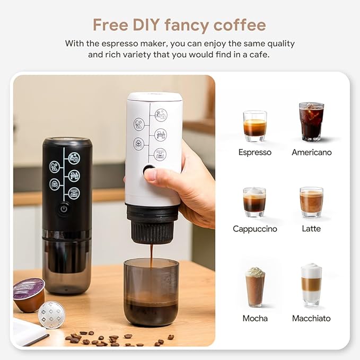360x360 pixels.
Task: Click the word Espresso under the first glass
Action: tap(254, 152)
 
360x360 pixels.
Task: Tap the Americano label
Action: tap(311, 152)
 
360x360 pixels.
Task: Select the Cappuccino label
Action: tap(254, 229)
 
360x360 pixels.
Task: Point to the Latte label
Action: tap(311, 229)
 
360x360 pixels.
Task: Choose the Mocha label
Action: tap(254, 319)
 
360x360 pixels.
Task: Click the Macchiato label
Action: tap(311, 319)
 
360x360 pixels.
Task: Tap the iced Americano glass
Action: tap(311, 122)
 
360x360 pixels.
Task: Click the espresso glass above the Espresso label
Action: tap(254, 126)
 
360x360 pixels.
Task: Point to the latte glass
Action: tap(311, 201)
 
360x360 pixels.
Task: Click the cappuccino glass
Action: tap(254, 202)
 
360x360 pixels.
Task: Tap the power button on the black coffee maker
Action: tap(64, 208)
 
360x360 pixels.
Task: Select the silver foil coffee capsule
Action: tap(52, 314)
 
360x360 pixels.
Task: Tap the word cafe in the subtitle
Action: tap(260, 55)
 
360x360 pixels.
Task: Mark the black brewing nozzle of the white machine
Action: tap(152, 226)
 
